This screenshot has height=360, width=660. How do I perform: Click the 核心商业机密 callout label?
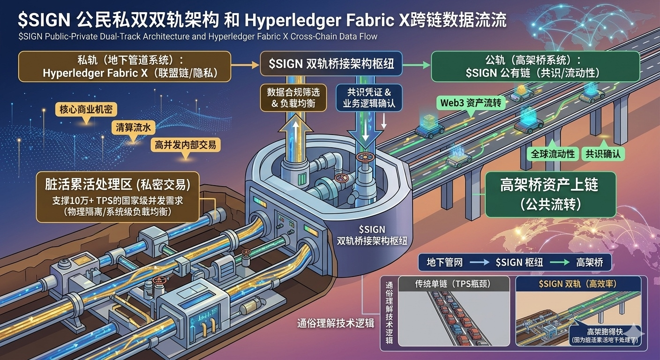coord(85,110)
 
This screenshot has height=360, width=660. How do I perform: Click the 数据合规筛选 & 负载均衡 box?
coord(293,97)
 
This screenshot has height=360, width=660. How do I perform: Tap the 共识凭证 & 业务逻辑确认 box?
coord(369,97)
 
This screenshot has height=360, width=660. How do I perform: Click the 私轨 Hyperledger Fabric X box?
coord(124,67)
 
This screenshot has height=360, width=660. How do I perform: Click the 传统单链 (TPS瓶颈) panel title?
coord(453,283)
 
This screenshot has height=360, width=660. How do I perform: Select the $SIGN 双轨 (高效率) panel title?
coord(578,283)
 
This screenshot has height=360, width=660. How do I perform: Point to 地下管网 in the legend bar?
coord(443,262)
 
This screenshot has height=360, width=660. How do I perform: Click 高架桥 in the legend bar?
coord(589,262)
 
